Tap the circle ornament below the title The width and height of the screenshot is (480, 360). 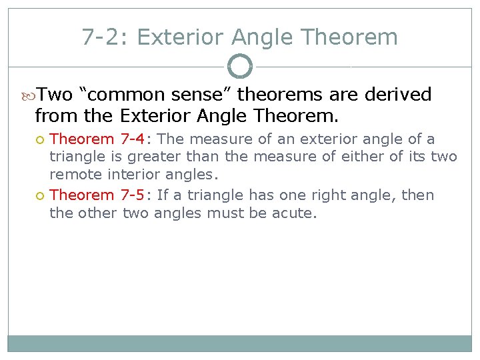240,67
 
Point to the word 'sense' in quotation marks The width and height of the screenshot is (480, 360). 201,95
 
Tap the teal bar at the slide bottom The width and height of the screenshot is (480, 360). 240,343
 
